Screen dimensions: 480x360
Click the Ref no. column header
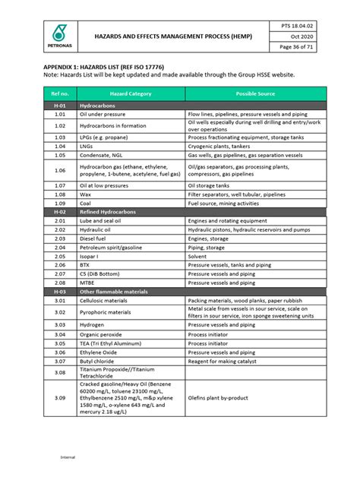60,93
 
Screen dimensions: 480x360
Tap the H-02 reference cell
60,212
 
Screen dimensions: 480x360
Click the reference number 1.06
60,170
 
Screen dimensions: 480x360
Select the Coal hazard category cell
86,204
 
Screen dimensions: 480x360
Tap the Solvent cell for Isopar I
198,256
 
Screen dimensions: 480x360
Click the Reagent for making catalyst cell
224,361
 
